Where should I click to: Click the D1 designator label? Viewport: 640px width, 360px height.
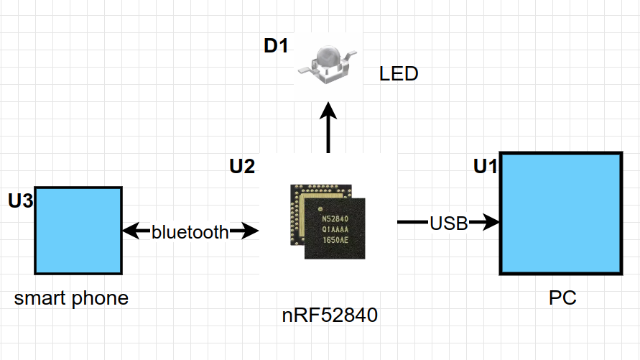point(276,47)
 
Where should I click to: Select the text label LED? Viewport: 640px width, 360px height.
point(399,73)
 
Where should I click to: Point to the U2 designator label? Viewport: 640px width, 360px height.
point(242,167)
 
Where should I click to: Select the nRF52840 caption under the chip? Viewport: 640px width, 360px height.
point(330,315)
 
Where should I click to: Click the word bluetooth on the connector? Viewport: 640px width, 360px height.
point(190,231)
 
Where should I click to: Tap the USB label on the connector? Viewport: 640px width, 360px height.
point(449,223)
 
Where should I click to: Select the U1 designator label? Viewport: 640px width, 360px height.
point(486,167)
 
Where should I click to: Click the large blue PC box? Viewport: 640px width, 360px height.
point(560,213)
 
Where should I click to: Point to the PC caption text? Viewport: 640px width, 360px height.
point(562,297)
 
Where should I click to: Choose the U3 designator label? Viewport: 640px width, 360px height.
point(21,200)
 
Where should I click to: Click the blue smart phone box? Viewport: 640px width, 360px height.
point(78,230)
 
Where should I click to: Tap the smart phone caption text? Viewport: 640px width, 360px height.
point(71,297)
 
